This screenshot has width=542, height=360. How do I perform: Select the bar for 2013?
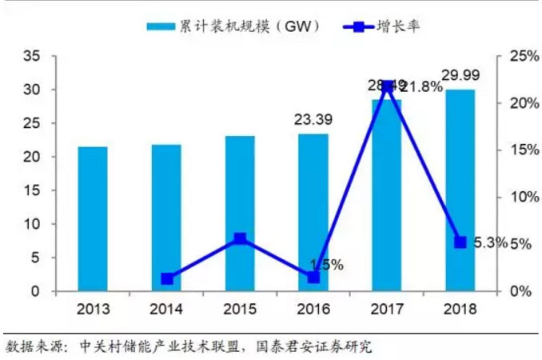pyautogui.click(x=93, y=218)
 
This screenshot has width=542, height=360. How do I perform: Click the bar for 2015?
pyautogui.click(x=240, y=213)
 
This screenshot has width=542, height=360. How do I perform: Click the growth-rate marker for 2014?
pyautogui.click(x=166, y=279)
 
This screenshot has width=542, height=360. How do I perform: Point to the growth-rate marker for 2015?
pyautogui.click(x=240, y=238)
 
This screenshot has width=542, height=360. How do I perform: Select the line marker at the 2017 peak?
pyautogui.click(x=389, y=86)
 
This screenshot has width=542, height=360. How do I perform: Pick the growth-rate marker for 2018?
pyautogui.click(x=460, y=242)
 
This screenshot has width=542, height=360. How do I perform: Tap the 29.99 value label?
pyautogui.click(x=461, y=76)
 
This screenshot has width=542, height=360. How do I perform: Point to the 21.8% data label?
pyautogui.click(x=421, y=86)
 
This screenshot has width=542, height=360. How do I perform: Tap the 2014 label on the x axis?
pyautogui.click(x=166, y=310)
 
